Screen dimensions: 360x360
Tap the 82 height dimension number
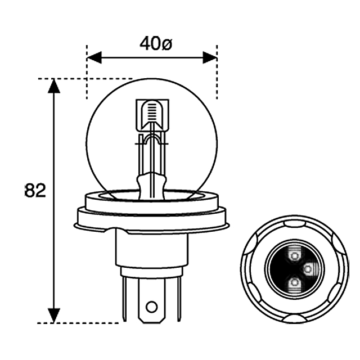[35, 191]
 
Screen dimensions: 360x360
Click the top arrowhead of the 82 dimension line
[53, 86]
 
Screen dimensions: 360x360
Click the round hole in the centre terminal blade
[151, 307]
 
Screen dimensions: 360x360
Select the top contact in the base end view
[294, 256]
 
